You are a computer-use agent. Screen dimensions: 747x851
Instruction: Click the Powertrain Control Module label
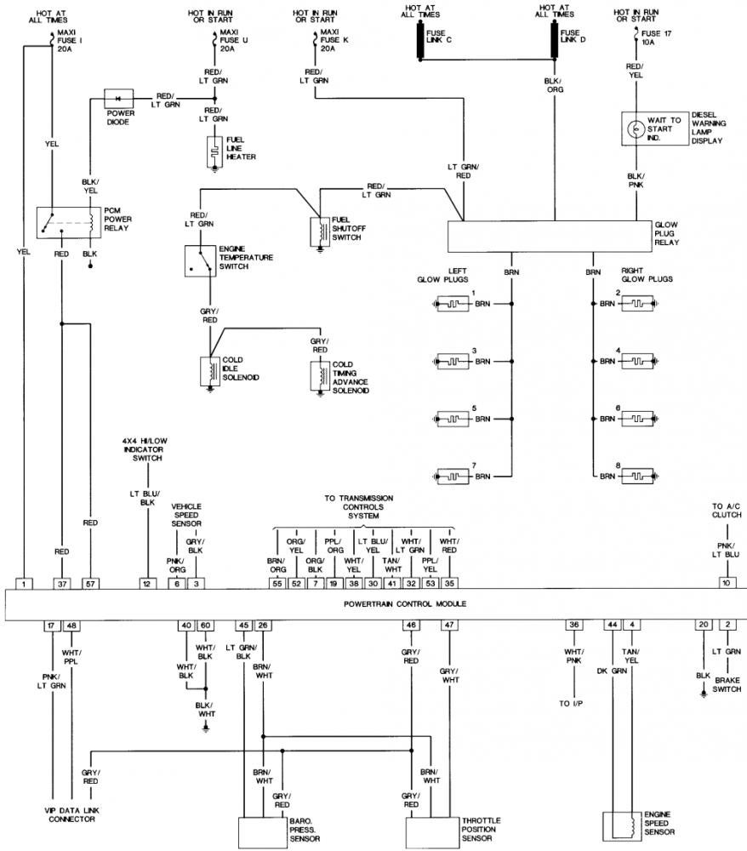click(405, 603)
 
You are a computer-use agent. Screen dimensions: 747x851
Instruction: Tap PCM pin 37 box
click(62, 584)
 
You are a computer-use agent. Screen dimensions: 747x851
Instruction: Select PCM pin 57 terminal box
click(90, 584)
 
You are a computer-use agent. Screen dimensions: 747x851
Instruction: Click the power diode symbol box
click(119, 99)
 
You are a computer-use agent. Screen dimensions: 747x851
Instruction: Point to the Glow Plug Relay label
click(667, 233)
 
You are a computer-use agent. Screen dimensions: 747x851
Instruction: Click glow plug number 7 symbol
click(453, 477)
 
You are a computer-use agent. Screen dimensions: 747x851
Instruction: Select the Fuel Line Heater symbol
click(214, 152)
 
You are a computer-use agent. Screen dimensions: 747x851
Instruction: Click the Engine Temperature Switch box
click(200, 261)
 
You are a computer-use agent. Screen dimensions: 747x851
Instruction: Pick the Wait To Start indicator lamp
click(635, 129)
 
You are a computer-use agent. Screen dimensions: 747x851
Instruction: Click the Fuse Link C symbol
click(420, 41)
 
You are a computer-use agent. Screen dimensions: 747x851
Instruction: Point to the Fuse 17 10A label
click(656, 37)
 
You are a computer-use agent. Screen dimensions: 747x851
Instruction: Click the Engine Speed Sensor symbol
click(622, 826)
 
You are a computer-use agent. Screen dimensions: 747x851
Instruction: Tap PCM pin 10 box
click(726, 583)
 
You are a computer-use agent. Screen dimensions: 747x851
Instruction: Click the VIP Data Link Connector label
click(71, 814)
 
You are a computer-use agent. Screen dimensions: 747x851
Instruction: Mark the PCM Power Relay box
click(68, 222)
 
